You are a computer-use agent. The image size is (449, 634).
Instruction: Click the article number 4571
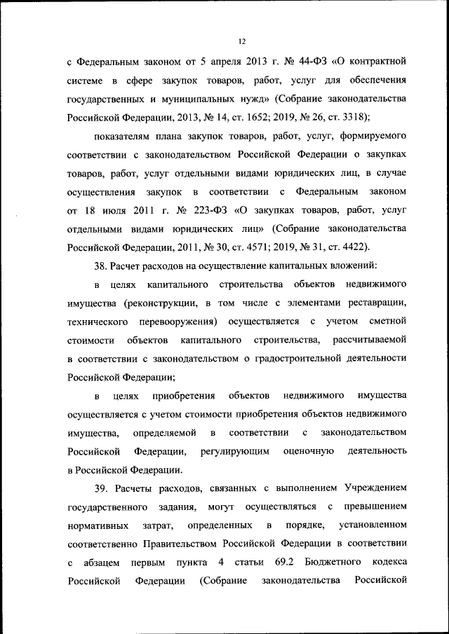tap(264, 246)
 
